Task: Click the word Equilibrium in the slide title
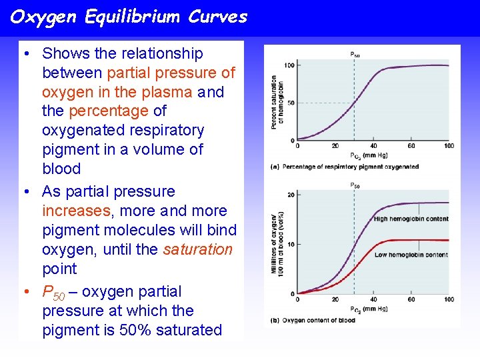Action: click(133, 17)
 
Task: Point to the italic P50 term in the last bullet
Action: click(53, 292)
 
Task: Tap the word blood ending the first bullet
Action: click(61, 169)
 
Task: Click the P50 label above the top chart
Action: click(355, 54)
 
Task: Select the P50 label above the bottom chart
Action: click(355, 186)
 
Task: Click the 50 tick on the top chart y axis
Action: click(291, 103)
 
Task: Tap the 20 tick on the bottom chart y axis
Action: click(291, 195)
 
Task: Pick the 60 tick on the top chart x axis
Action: click(411, 146)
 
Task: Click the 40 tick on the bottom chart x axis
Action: click(373, 299)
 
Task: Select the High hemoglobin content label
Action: click(411, 219)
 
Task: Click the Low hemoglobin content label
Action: click(411, 255)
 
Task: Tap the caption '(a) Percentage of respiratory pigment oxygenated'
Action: click(345, 166)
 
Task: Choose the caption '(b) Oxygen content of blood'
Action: click(313, 321)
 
